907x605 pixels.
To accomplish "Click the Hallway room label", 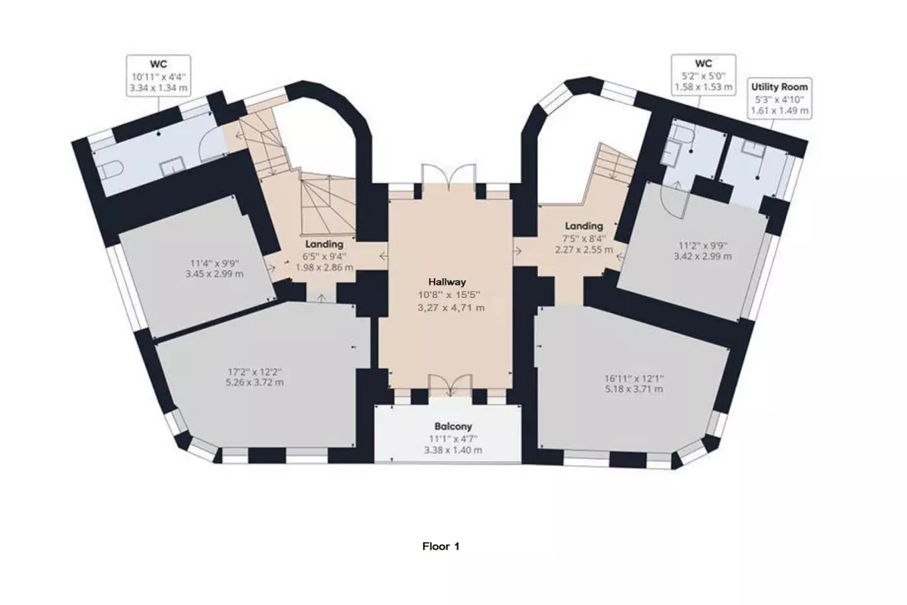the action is pos(447,282).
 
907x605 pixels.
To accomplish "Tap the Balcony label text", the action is pos(453,427).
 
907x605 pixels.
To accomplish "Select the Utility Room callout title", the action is pos(779,87).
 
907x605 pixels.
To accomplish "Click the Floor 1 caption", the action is pos(441,546).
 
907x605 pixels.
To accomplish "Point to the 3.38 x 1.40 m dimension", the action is pos(453,450).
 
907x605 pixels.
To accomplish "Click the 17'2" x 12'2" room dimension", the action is pos(255,371).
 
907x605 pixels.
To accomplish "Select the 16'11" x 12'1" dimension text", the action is pos(634,378).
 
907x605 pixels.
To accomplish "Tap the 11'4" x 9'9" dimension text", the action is pos(215,263).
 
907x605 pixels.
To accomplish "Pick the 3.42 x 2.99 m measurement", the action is pos(703,256).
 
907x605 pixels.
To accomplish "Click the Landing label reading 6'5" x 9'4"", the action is pos(324,244).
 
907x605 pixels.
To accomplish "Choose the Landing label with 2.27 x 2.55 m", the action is pos(584,225).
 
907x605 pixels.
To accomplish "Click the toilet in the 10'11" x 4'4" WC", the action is pos(112,170).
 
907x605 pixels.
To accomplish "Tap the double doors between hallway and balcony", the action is pos(450,384).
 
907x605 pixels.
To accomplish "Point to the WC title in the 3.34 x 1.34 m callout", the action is pos(158,64).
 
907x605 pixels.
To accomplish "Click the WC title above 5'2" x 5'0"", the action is pos(704,64).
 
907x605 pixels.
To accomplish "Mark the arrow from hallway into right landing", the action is pos(518,251).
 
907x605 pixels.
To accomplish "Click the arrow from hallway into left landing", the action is pos(383,256).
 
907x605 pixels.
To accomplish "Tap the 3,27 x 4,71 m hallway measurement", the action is pos(450,308).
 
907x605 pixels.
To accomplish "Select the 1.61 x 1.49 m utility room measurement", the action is pos(779,110).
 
